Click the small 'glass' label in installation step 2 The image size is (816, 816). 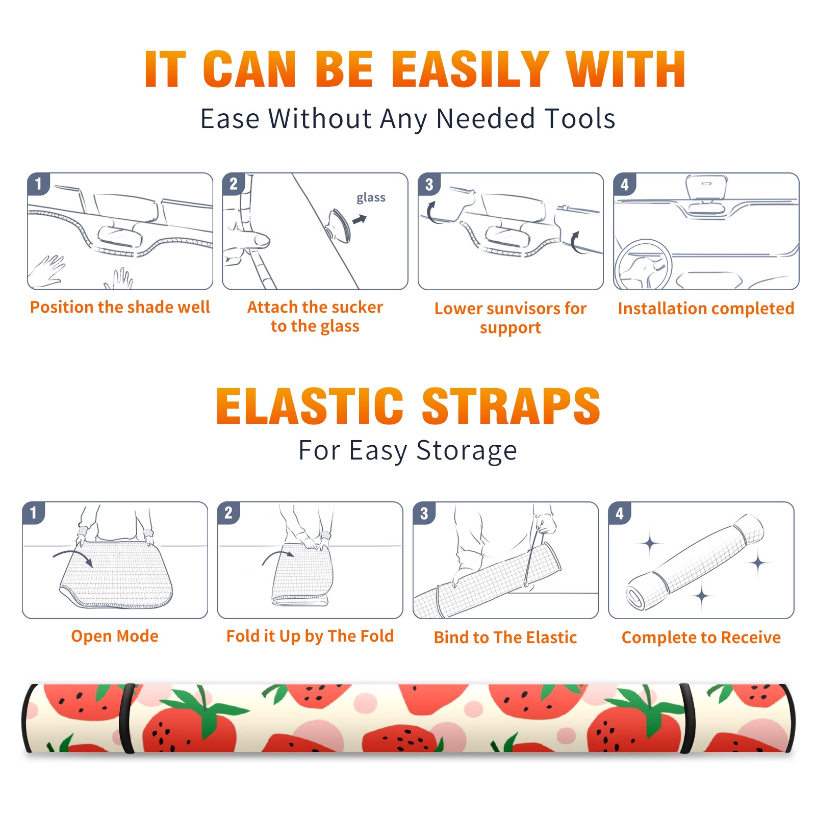[371, 198]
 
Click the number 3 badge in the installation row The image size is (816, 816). [429, 184]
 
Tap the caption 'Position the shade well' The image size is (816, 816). [120, 307]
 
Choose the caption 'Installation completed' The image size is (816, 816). [706, 308]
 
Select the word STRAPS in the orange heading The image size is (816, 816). [511, 406]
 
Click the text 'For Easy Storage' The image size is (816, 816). [407, 451]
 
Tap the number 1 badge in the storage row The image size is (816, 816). [34, 513]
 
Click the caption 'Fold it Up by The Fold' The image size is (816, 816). [310, 636]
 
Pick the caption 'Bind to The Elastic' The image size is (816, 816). [505, 637]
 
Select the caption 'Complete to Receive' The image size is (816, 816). [701, 637]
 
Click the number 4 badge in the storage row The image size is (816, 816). [620, 513]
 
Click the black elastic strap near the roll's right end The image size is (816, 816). [686, 718]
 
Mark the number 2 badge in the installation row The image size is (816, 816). [234, 184]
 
